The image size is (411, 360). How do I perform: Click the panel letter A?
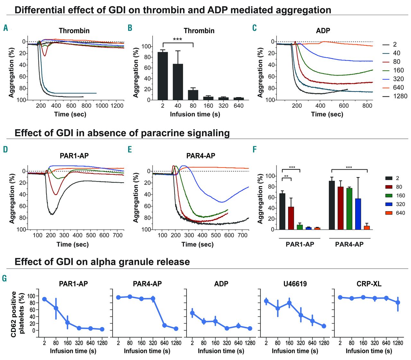[5, 28]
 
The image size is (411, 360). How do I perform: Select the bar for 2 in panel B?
[163, 76]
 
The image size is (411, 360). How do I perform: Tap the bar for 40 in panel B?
[178, 82]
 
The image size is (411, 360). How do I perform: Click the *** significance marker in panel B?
[178, 40]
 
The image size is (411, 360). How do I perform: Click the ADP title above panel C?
[323, 31]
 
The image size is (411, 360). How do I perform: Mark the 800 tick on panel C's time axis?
[367, 105]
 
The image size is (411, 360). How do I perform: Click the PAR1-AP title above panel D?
[74, 156]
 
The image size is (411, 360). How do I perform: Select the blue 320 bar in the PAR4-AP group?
[358, 214]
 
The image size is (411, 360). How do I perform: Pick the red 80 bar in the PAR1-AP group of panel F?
[291, 218]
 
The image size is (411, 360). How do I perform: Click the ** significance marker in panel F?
[286, 176]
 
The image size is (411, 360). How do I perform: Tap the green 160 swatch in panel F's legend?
[389, 195]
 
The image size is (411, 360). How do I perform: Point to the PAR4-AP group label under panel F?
[349, 244]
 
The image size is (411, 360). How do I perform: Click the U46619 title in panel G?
[295, 284]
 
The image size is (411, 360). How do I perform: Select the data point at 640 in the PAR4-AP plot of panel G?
[165, 325]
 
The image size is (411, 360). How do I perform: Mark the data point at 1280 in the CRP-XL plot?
[398, 302]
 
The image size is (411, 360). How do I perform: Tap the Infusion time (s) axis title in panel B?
[195, 114]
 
